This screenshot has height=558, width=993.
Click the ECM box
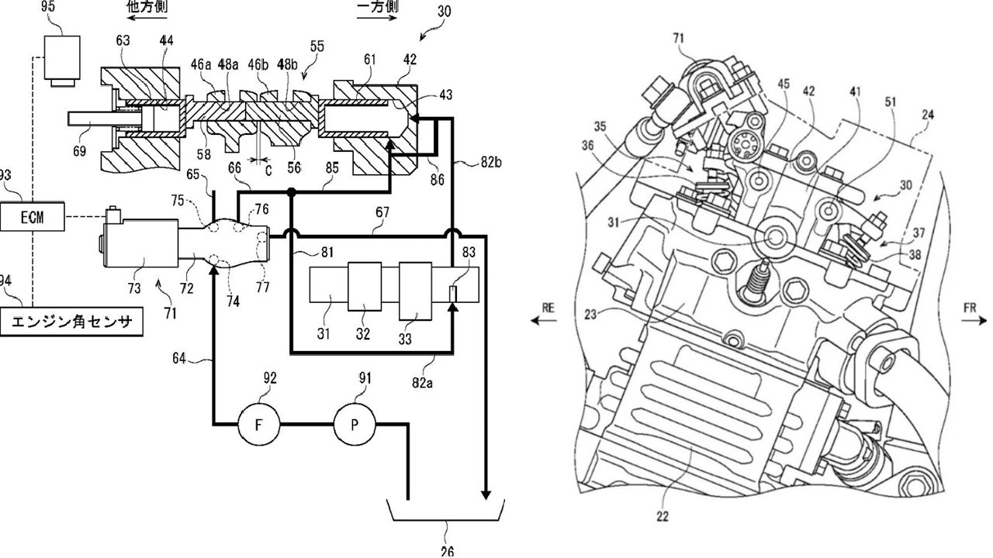pos(32,218)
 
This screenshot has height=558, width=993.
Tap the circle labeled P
pos(355,425)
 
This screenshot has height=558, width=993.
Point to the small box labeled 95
pos(62,57)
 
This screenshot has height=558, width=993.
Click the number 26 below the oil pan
pos(447,551)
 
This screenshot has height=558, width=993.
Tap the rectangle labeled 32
pos(365,291)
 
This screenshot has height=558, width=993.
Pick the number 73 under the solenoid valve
pos(135,288)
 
